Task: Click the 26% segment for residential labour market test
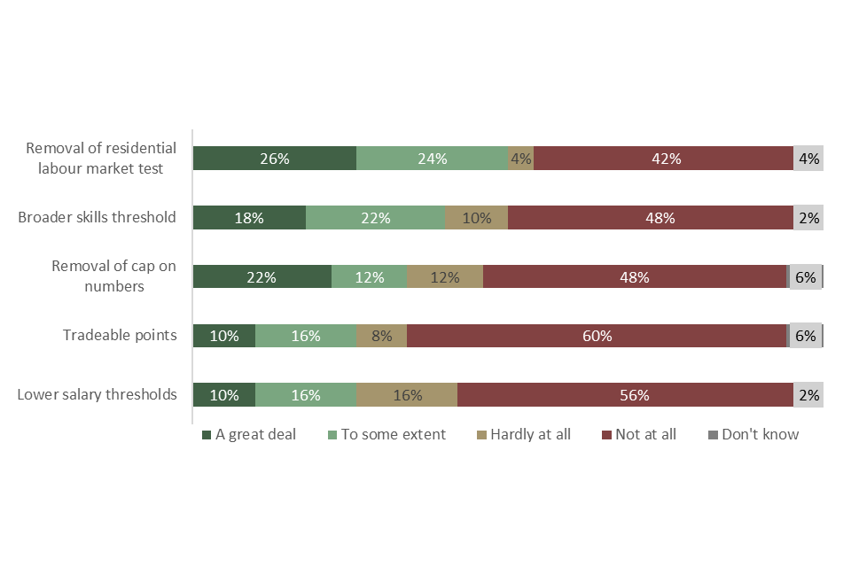[x=275, y=159]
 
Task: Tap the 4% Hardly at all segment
[x=520, y=159]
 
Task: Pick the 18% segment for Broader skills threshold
[x=249, y=218]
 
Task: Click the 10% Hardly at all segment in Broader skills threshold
[x=476, y=218]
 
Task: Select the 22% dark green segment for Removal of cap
[x=262, y=277]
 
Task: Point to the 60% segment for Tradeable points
[x=597, y=336]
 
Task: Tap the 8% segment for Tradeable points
[x=381, y=336]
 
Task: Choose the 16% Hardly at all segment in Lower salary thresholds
[x=407, y=395]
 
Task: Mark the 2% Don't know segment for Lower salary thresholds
[x=808, y=395]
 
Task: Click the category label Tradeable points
[x=120, y=335]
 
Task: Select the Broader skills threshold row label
[x=98, y=217]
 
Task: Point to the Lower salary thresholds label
[x=98, y=394]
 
